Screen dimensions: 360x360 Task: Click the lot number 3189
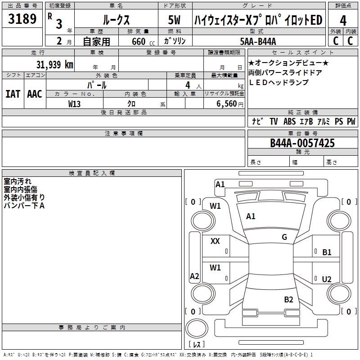22,20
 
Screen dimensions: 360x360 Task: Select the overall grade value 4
343,20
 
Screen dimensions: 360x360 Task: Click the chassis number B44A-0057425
302,143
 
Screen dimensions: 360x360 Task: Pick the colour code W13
75,103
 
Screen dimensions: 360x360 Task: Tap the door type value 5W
174,20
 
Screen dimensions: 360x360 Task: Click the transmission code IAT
13,94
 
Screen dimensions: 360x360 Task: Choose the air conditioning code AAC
35,94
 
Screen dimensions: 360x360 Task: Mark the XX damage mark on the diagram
215,241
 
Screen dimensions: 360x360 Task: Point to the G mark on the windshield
284,237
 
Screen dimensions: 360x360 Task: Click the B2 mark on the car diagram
288,299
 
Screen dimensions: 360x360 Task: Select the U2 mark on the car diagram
327,279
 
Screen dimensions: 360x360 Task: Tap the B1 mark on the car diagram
327,252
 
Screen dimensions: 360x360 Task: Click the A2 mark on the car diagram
194,276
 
